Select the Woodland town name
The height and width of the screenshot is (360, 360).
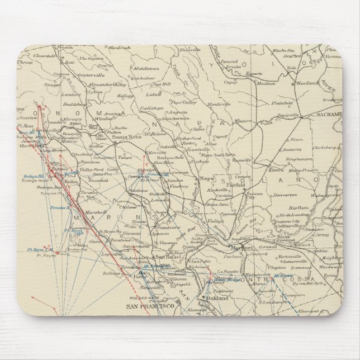307,83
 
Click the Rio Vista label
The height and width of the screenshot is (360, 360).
297,207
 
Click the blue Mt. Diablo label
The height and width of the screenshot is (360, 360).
285,276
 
